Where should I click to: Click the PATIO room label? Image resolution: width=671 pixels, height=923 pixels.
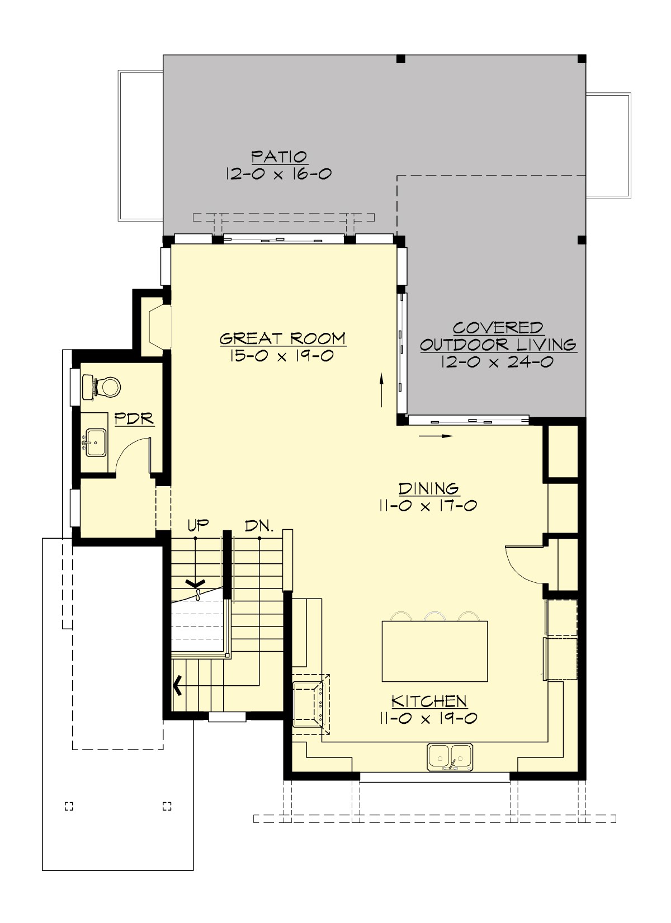tap(279, 157)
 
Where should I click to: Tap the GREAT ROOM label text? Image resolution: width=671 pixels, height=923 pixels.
tap(283, 338)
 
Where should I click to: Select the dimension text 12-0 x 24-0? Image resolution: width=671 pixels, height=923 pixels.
tap(497, 362)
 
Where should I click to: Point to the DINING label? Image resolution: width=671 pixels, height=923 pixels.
tap(429, 488)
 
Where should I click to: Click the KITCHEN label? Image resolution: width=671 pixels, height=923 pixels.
tap(429, 701)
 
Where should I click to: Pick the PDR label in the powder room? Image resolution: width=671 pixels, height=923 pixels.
tap(134, 418)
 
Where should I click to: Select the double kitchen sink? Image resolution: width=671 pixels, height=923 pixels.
tap(451, 756)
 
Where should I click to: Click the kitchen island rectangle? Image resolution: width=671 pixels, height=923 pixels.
tap(434, 651)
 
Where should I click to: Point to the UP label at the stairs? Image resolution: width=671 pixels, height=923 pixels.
tap(198, 525)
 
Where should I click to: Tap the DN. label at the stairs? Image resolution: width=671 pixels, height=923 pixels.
tap(259, 525)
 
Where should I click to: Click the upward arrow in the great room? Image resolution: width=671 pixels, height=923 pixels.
tap(382, 390)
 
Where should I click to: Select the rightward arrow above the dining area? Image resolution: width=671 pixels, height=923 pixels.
tap(436, 435)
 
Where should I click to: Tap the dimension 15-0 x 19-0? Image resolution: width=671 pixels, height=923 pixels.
tap(282, 356)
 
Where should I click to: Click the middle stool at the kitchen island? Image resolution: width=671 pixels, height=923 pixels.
tap(434, 616)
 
